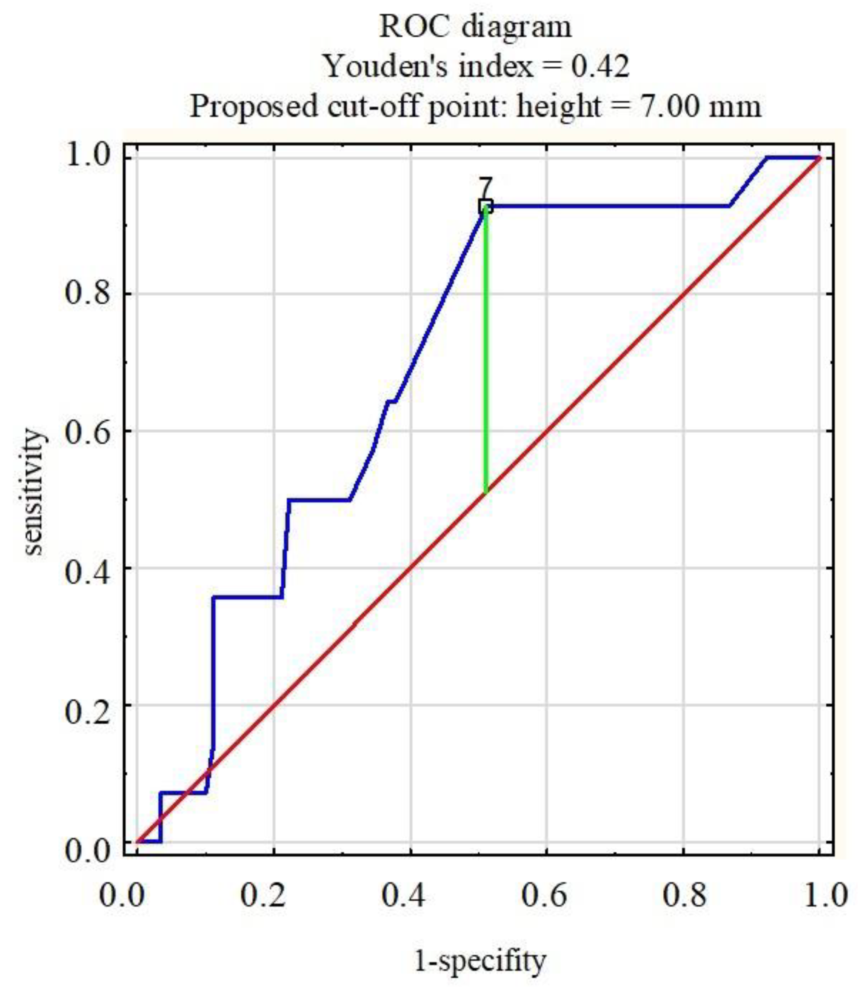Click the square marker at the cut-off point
486,206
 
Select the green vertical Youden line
486,351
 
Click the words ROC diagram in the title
475,27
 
